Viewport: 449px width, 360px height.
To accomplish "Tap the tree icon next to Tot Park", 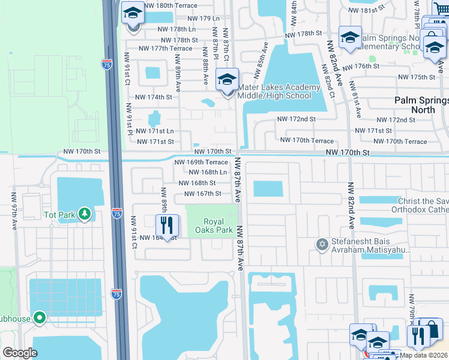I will coord(85,214).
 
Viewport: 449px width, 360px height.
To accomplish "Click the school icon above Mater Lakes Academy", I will coord(227,79).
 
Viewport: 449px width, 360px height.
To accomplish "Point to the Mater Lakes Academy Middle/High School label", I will coord(279,91).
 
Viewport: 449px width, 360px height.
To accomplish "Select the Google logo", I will coord(20,353).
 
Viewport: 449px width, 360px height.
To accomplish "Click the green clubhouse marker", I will coord(40,317).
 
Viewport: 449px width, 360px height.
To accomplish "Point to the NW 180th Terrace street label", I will coord(171,5).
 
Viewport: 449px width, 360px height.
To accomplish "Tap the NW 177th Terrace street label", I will coord(165,49).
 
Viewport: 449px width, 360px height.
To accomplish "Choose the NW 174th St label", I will coord(154,97).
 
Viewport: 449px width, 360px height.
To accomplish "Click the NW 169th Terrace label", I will coord(201,162).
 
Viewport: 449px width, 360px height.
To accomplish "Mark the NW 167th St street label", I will coord(203,193).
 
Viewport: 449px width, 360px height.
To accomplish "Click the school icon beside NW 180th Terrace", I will coord(133,13).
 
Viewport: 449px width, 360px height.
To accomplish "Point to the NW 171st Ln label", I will coord(155,131).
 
